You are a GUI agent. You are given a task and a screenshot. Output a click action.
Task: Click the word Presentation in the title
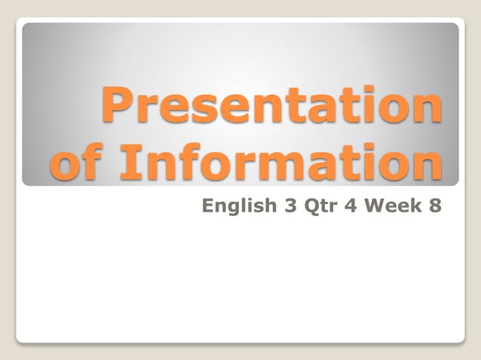click(x=272, y=105)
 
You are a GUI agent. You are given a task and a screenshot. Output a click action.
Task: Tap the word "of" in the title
click(x=79, y=164)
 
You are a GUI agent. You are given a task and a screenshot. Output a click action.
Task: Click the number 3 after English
click(x=290, y=204)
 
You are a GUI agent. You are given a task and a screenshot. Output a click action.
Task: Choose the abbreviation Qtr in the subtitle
click(x=320, y=205)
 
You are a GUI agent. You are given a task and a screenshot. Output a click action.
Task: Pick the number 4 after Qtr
click(x=351, y=204)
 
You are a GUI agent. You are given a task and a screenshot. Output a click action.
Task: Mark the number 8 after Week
click(x=435, y=204)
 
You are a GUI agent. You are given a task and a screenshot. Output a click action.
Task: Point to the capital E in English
click(x=209, y=204)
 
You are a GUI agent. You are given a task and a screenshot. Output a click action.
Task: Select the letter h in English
click(x=271, y=204)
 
